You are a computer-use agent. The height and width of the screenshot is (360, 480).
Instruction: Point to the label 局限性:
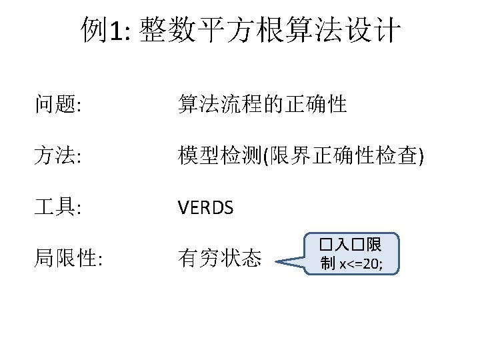[69, 259]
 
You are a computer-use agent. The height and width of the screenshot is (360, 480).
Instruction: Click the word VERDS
[206, 208]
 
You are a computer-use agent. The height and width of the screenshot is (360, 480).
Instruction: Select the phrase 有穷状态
[219, 259]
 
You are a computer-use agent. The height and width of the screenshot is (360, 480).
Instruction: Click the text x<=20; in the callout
[361, 264]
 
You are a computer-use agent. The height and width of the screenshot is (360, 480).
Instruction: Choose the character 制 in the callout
[328, 264]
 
